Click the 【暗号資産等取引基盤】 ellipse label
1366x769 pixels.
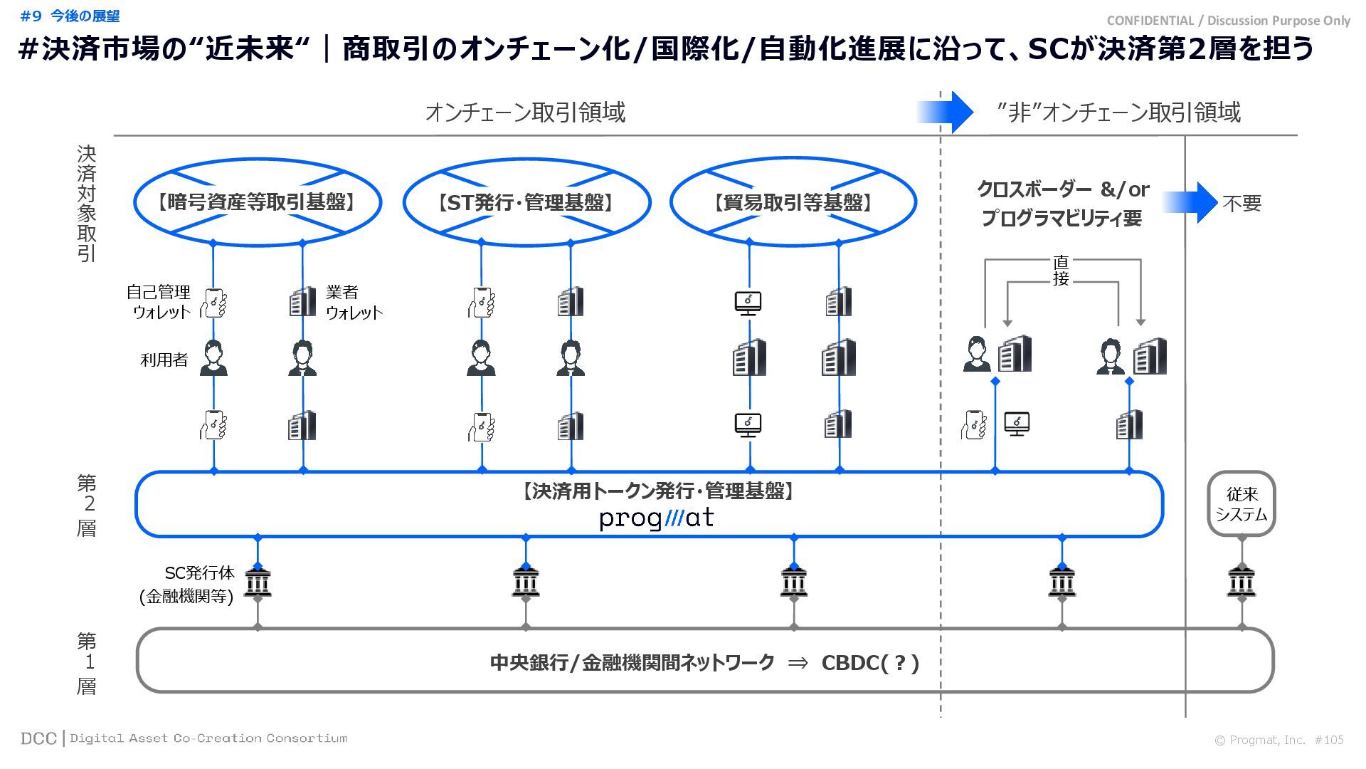coord(257,203)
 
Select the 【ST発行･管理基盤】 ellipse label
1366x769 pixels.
coord(526,203)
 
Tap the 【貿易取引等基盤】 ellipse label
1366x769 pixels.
coord(793,203)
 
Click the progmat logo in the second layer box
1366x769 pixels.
coord(656,518)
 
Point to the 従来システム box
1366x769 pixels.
coord(1241,504)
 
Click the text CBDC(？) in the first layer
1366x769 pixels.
coord(870,663)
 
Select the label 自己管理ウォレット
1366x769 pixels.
coord(159,302)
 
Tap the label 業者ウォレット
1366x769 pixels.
coord(353,302)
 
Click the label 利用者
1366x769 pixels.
coord(164,360)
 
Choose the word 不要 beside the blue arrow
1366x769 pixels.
coord(1242,204)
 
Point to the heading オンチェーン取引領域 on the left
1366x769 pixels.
coord(525,113)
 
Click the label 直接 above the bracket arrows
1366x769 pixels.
coord(1061,271)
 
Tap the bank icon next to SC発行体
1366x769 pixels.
coord(258,583)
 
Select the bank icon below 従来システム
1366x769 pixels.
coord(1241,583)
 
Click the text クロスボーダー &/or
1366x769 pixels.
coord(1062,189)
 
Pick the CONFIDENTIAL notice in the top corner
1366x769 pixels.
coord(1229,21)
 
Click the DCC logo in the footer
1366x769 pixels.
coord(38,738)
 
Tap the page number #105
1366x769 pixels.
coord(1329,740)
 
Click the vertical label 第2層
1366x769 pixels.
coord(87,505)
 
